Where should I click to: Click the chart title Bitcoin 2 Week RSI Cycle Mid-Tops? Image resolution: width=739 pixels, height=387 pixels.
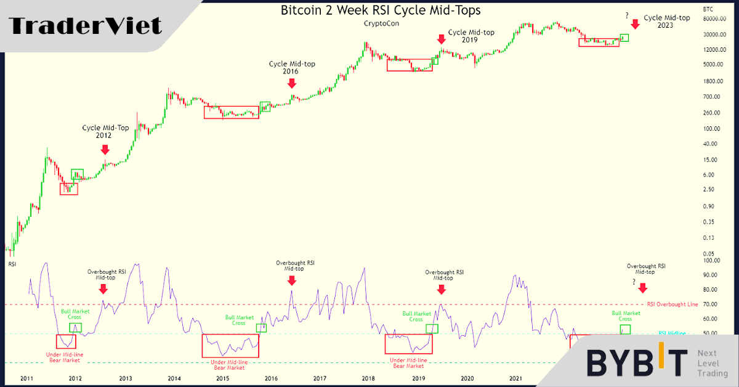click(381, 10)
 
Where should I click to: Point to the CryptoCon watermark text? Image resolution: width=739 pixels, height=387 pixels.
click(380, 24)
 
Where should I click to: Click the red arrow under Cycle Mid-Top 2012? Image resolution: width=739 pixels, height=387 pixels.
click(105, 149)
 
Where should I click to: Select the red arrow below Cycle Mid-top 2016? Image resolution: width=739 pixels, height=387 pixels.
click(292, 83)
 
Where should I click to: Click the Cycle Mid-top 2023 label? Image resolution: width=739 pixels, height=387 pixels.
click(658, 22)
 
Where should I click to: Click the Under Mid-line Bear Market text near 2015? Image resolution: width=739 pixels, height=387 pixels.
click(230, 365)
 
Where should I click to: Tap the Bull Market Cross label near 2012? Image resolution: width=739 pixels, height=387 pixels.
click(76, 315)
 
